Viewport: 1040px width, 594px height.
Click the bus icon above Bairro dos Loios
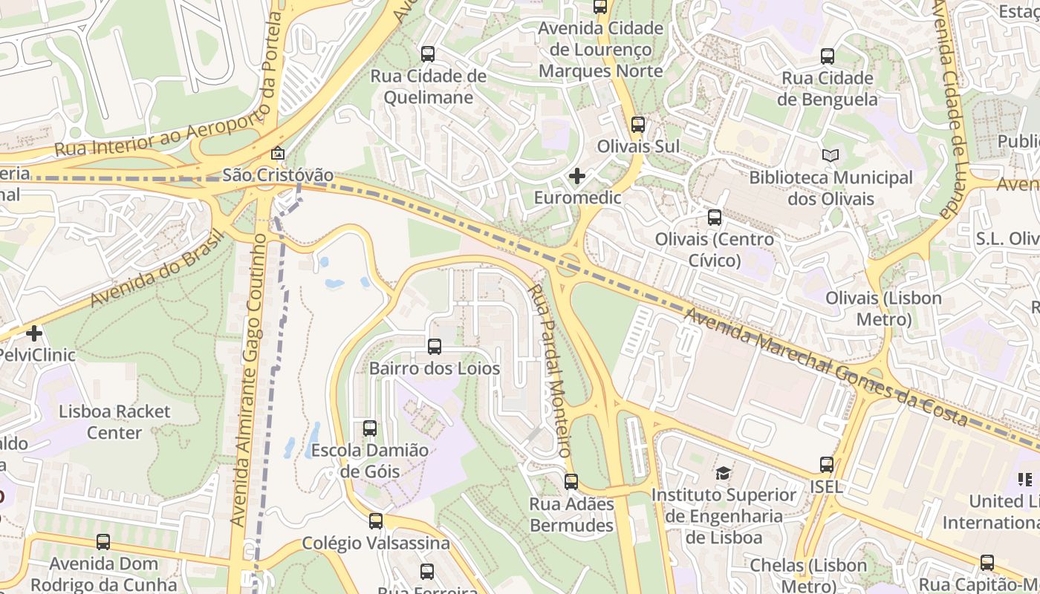pyautogui.click(x=435, y=347)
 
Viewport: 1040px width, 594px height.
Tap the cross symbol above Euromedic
pyautogui.click(x=576, y=176)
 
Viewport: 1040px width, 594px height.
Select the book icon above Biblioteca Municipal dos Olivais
pyautogui.click(x=831, y=156)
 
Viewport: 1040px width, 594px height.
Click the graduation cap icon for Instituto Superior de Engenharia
pyautogui.click(x=722, y=473)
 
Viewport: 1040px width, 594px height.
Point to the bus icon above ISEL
pyautogui.click(x=827, y=465)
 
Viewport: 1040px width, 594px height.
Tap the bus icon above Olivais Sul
pyautogui.click(x=638, y=125)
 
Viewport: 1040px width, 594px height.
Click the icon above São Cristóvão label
pyautogui.click(x=278, y=154)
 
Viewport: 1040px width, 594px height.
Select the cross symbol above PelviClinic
pyautogui.click(x=34, y=333)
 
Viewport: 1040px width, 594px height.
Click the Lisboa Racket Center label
pyautogui.click(x=114, y=422)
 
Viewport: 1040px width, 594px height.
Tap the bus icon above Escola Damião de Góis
pyautogui.click(x=370, y=428)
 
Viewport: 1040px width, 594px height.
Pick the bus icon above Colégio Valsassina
pyautogui.click(x=376, y=521)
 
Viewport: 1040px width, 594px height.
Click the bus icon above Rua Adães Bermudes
pyautogui.click(x=571, y=482)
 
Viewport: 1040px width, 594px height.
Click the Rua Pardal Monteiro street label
pyautogui.click(x=550, y=370)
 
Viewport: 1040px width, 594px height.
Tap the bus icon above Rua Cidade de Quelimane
pyautogui.click(x=428, y=54)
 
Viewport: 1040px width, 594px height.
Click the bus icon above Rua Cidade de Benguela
pyautogui.click(x=828, y=56)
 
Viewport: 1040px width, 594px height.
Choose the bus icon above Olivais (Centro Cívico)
pyautogui.click(x=715, y=218)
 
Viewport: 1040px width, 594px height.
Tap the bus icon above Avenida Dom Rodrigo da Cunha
pyautogui.click(x=103, y=542)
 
